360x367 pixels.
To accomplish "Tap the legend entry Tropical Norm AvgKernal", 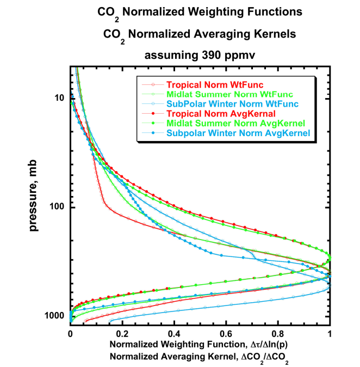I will point(212,113).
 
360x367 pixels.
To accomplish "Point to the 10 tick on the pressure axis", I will point(60,98).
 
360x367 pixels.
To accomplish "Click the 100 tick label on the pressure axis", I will point(57,207).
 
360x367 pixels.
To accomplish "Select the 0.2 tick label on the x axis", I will point(122,332).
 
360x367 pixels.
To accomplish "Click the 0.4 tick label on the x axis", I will point(174,332).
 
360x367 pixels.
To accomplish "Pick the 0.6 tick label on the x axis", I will point(226,332).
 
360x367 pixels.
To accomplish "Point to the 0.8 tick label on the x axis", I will point(278,332).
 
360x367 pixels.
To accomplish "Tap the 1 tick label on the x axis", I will point(330,332).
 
